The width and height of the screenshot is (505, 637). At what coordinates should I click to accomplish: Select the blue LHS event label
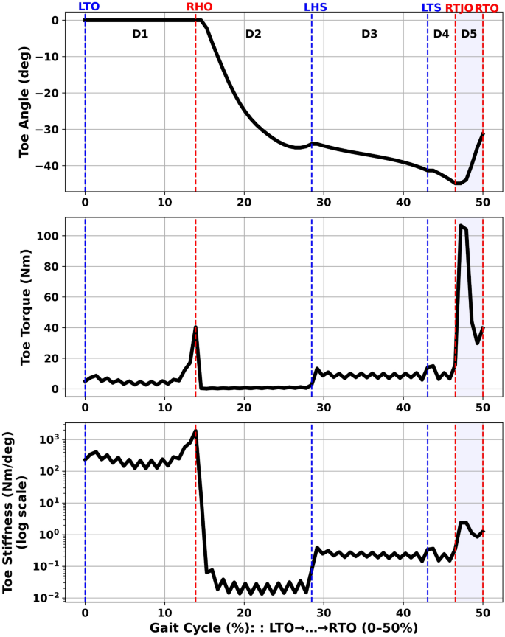coord(315,7)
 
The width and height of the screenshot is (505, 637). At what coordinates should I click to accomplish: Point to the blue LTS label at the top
coord(431,7)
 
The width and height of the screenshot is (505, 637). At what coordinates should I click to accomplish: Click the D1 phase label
coord(140,35)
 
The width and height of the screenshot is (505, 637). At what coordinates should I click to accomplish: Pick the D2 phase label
coord(254,35)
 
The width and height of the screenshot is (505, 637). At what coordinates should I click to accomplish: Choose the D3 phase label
coord(369,35)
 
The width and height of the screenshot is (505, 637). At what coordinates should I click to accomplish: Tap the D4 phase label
coord(441,35)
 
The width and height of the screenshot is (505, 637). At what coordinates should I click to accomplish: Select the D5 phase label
coord(469,35)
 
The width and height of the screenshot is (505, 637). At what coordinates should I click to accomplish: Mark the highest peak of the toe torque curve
coord(461,225)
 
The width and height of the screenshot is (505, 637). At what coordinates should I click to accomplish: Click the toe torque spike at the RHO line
coord(195,327)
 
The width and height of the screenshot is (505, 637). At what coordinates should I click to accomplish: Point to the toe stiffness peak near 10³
coord(195,431)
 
